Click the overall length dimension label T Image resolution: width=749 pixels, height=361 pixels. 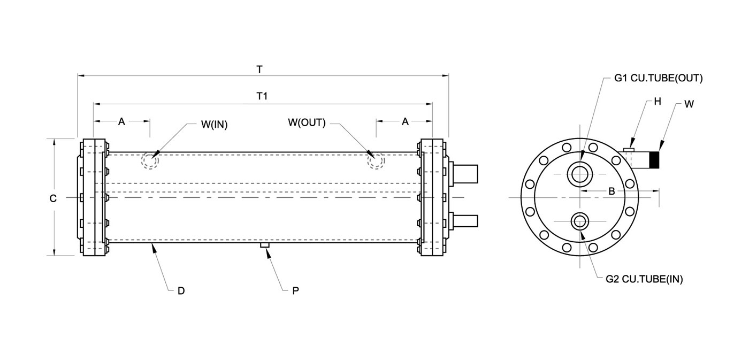(x=259, y=70)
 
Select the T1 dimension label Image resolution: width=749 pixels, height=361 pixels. (x=262, y=96)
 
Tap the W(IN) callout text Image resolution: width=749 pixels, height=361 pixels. (x=215, y=125)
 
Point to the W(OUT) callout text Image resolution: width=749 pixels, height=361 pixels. (x=307, y=122)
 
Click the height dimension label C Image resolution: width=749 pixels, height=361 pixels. (x=53, y=198)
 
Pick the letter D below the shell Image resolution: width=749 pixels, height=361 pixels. (x=181, y=291)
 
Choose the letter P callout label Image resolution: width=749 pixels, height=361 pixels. (x=295, y=291)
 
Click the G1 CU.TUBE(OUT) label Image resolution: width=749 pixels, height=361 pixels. (x=659, y=78)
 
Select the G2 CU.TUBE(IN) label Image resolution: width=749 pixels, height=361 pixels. (x=644, y=279)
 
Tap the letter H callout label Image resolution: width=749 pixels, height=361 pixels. (x=658, y=101)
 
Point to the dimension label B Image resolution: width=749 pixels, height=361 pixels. (x=612, y=191)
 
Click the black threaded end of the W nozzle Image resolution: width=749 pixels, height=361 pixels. (x=654, y=160)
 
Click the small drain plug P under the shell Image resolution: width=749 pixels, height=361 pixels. (x=265, y=245)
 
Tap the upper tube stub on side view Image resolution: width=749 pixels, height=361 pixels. (x=465, y=174)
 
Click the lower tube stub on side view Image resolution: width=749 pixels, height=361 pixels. (x=465, y=221)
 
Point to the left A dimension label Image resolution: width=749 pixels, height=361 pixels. (x=121, y=122)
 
